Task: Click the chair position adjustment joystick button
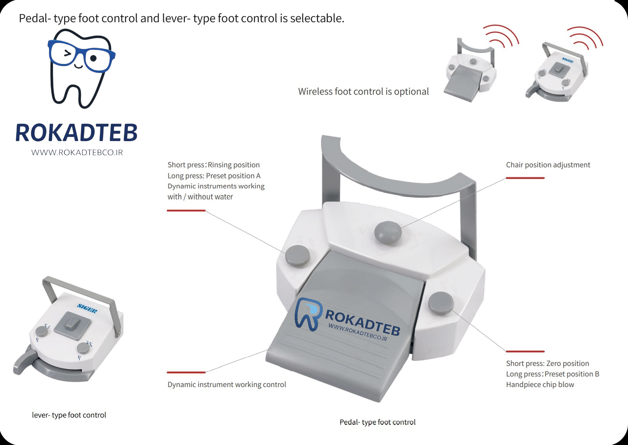(388, 232)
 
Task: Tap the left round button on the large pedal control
(297, 256)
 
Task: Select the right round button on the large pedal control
(441, 303)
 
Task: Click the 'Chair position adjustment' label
(548, 165)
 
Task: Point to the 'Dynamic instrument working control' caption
(227, 384)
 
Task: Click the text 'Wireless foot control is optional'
(363, 91)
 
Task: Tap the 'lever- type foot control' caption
(69, 415)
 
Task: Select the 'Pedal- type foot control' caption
(377, 422)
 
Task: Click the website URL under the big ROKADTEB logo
(77, 152)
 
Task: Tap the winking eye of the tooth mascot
(67, 53)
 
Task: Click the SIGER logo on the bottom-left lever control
(87, 308)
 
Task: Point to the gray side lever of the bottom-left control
(24, 362)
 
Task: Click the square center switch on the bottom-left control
(72, 326)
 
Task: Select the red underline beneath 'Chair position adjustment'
(525, 178)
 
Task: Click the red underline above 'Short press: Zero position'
(525, 351)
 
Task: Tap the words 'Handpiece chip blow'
(540, 384)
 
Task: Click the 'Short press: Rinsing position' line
(214, 165)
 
